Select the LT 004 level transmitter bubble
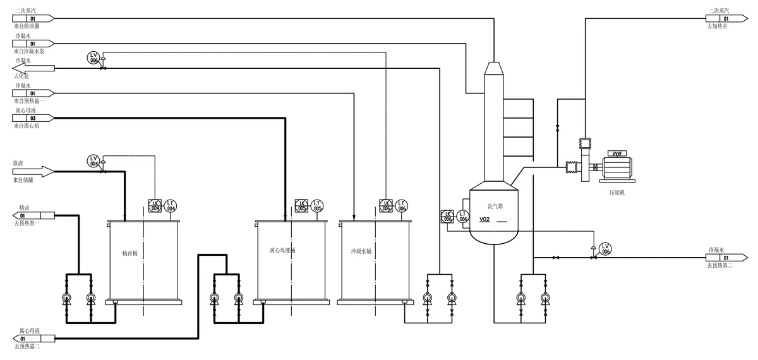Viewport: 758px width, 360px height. pyautogui.click(x=171, y=205)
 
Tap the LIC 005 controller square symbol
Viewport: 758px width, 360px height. pyautogui.click(x=301, y=205)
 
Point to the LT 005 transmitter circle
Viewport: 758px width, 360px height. pyautogui.click(x=318, y=205)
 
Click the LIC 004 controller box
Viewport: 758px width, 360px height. pyautogui.click(x=155, y=205)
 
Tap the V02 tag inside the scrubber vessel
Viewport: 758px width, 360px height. pyautogui.click(x=484, y=220)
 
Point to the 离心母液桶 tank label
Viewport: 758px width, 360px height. pyautogui.click(x=278, y=250)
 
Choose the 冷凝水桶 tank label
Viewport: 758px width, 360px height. pyautogui.click(x=361, y=251)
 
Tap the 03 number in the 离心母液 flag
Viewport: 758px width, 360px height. pyautogui.click(x=33, y=118)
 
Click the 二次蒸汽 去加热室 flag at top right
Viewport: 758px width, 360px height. pyautogui.click(x=725, y=19)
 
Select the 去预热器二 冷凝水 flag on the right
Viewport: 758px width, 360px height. pyautogui.click(x=725, y=258)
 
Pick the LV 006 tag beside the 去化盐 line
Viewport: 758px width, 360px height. pyautogui.click(x=93, y=57)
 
